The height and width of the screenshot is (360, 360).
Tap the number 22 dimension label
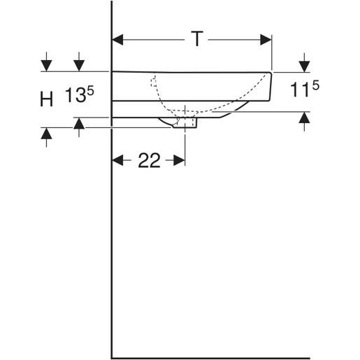click(x=148, y=161)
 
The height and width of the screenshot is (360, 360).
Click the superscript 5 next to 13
click(x=90, y=89)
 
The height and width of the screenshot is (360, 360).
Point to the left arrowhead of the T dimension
click(x=118, y=40)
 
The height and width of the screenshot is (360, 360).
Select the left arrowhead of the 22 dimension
click(x=118, y=161)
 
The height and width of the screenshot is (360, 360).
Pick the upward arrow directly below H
click(x=46, y=133)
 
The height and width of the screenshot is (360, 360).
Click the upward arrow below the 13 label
click(x=79, y=124)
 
